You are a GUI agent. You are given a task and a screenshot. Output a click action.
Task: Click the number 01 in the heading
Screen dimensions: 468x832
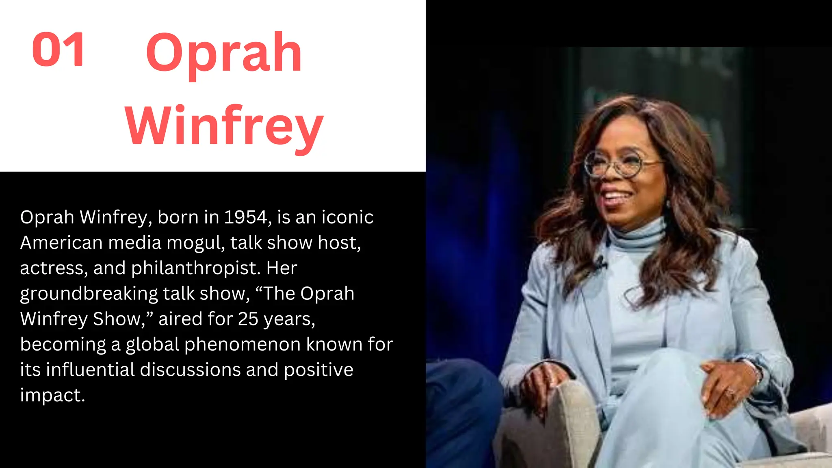[58, 50]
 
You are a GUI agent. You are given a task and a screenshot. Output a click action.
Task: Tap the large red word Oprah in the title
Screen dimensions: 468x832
[224, 53]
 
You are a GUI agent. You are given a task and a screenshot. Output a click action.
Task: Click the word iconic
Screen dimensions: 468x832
[347, 217]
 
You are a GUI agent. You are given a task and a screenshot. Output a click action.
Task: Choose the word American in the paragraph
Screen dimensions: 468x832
[61, 243]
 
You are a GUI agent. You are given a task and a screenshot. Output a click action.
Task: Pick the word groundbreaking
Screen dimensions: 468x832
[89, 294]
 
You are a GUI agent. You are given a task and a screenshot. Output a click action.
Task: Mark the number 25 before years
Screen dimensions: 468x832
[248, 319]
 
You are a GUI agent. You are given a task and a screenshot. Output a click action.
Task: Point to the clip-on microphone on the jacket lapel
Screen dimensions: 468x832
[600, 264]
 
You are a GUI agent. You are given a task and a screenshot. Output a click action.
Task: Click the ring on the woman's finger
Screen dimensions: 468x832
[730, 392]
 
